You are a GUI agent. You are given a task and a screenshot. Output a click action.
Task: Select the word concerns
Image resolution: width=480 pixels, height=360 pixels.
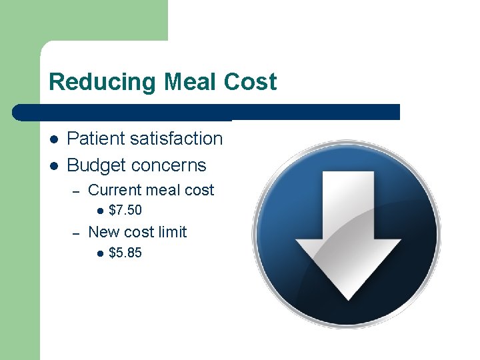click(x=169, y=165)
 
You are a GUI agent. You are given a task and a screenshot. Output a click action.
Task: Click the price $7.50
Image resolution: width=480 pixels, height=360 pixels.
click(x=125, y=211)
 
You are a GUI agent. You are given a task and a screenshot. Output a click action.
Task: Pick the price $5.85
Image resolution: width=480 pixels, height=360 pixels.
click(x=125, y=253)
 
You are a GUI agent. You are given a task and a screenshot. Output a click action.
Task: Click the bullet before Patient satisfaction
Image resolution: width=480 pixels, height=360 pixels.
click(x=53, y=139)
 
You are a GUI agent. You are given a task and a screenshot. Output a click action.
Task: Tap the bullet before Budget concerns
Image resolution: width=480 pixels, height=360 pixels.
click(x=53, y=166)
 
